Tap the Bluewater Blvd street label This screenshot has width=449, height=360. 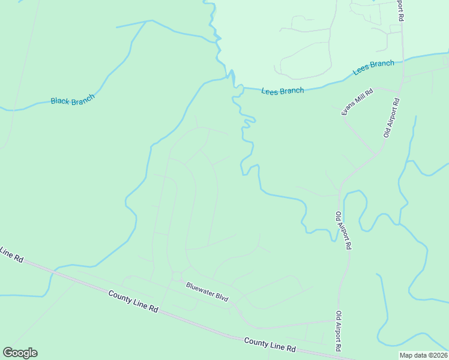pos(207,292)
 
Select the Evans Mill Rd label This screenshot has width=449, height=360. pos(357,102)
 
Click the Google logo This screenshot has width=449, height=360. pos(20,353)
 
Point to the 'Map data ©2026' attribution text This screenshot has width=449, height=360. pos(423,355)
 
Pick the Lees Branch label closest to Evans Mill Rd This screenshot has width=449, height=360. pos(373,67)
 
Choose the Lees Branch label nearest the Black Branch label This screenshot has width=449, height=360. pos(282,91)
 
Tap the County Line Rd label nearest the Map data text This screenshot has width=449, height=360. pos(270,344)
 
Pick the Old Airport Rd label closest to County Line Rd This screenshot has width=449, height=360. pos(340,331)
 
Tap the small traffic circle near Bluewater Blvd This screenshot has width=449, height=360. pos(176,276)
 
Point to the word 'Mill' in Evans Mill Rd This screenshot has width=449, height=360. pos(358,101)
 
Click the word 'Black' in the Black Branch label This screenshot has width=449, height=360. pos(60,101)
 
